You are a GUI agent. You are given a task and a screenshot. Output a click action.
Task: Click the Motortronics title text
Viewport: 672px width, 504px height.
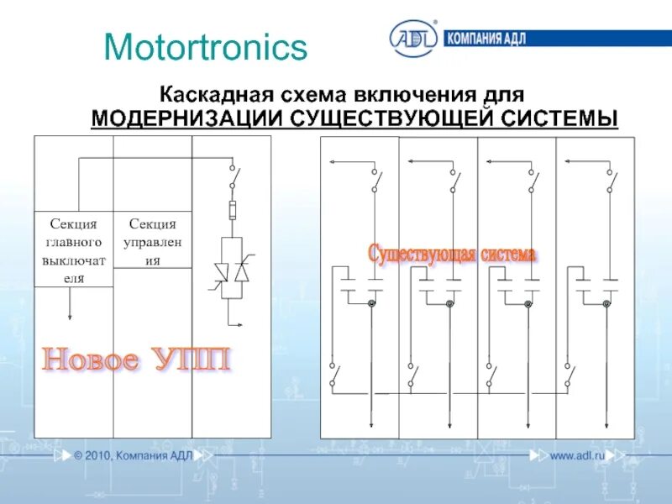coord(206,48)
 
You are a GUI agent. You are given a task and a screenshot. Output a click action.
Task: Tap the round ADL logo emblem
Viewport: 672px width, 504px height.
coord(412,39)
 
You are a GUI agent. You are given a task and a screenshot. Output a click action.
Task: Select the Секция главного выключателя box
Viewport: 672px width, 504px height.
coord(74,249)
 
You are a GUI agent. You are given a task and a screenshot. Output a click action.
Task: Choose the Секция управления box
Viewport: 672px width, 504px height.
coord(153,241)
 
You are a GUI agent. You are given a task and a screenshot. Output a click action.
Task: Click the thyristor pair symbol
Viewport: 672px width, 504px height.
coord(232,272)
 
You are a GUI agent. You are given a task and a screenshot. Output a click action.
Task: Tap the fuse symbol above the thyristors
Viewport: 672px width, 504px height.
coord(232,208)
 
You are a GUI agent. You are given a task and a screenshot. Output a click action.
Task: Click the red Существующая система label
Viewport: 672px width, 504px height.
coord(452,253)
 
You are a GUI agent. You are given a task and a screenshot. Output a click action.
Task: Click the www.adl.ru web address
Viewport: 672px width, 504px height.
coord(577,455)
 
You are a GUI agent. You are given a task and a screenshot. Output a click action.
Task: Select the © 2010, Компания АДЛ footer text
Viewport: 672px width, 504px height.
coord(133,455)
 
